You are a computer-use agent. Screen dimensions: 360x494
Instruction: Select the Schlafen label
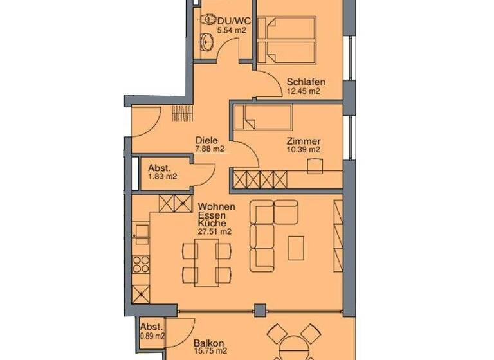(x=306, y=82)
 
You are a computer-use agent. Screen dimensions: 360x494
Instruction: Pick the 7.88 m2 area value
(x=210, y=150)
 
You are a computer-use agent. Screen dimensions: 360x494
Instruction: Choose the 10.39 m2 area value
(x=304, y=150)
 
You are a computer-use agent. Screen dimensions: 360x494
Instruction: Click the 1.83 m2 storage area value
(x=162, y=177)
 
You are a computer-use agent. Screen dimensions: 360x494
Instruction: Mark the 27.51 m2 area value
(x=215, y=231)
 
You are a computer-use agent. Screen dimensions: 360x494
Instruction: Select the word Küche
(x=212, y=222)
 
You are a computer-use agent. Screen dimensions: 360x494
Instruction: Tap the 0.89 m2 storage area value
(x=152, y=336)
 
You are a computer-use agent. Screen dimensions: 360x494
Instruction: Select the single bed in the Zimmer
(x=263, y=118)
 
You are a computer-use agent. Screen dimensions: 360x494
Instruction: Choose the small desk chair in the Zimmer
(x=315, y=166)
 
